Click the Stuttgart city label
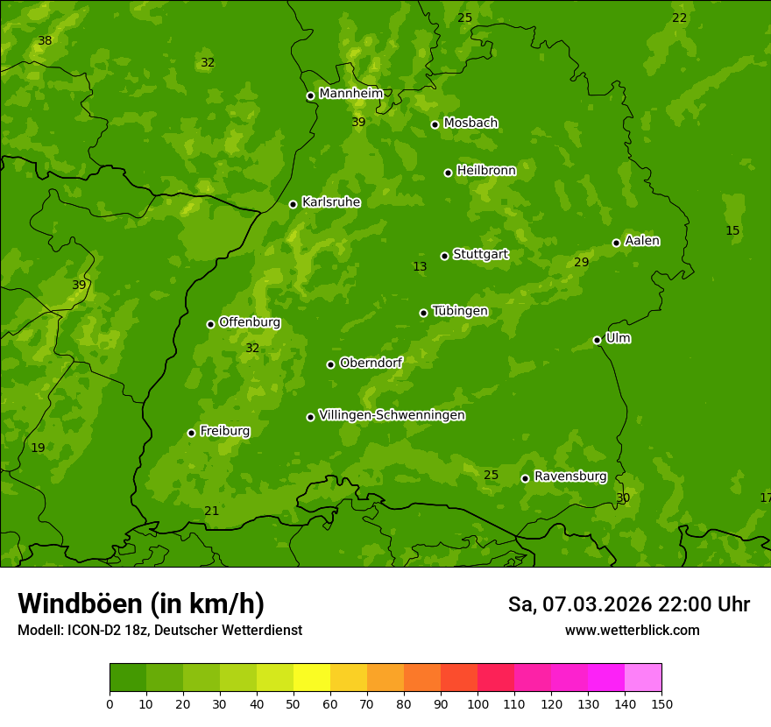pos(480,255)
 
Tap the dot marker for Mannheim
pos(310,96)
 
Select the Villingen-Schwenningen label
pos(392,415)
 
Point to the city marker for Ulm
pos(597,340)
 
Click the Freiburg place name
pos(224,431)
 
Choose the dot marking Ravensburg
pos(525,478)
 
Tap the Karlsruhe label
pos(330,202)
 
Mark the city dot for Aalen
pos(616,243)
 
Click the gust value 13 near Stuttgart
pos(420,267)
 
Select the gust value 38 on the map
pos(45,41)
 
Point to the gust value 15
pos(732,231)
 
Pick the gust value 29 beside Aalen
pos(581,263)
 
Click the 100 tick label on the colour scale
pos(477,704)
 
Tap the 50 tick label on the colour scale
pos(294,704)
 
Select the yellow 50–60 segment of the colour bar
pos(312,678)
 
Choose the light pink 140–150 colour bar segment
pos(643,678)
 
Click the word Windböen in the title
pos(80,603)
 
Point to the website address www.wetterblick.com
pos(632,631)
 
